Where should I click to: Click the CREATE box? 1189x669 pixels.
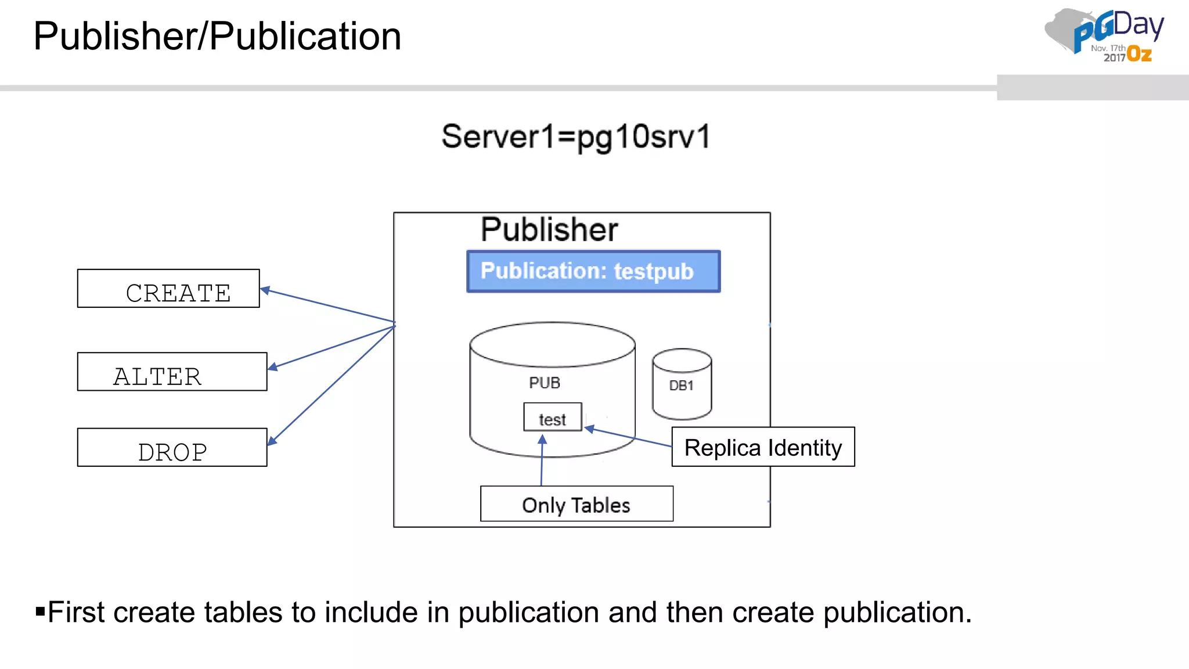tap(168, 289)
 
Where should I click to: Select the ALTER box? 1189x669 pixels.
tap(172, 372)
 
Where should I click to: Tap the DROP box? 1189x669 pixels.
tap(172, 448)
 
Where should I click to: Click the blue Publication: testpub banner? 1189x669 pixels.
tap(593, 271)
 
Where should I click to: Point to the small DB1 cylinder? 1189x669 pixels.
tap(682, 384)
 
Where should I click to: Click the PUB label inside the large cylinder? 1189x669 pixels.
tap(545, 383)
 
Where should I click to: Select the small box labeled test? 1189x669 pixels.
tap(552, 418)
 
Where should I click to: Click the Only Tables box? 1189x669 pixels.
tap(577, 504)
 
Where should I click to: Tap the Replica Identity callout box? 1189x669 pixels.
tap(763, 447)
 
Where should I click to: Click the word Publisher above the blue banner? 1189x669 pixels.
tap(549, 229)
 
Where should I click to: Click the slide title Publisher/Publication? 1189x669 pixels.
tap(217, 36)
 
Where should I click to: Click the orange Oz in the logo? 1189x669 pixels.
tap(1139, 55)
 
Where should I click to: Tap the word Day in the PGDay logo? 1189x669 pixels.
tap(1138, 25)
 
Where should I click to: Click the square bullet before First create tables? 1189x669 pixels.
tap(40, 611)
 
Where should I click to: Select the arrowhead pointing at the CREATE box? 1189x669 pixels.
tap(265, 290)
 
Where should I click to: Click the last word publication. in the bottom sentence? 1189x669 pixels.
tap(898, 613)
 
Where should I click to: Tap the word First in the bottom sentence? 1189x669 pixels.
tap(76, 612)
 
